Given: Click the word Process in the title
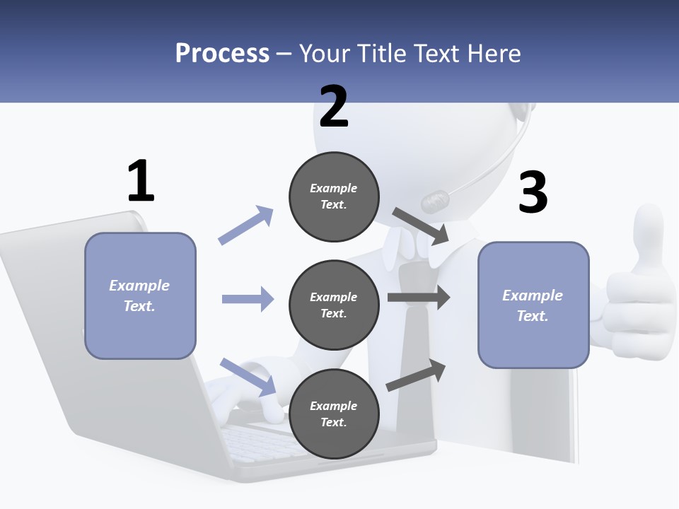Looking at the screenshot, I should (222, 54).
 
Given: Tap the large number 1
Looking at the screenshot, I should (141, 181).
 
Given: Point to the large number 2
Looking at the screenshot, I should (334, 107).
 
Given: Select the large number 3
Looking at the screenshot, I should (533, 192).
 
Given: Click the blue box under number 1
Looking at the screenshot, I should (140, 296).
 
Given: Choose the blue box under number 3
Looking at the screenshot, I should (533, 305).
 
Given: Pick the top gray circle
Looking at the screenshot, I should (334, 197).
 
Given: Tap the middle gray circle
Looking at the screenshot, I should (334, 305).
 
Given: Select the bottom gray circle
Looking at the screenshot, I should (334, 414).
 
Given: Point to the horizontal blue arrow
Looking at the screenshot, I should (248, 299).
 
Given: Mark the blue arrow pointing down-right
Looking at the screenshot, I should (248, 377).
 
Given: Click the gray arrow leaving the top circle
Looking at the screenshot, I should (421, 226).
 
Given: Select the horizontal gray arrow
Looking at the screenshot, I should (419, 297).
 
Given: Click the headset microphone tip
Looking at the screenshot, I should (434, 201).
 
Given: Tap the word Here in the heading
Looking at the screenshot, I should (493, 54).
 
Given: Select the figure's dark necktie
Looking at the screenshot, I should (414, 332).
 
